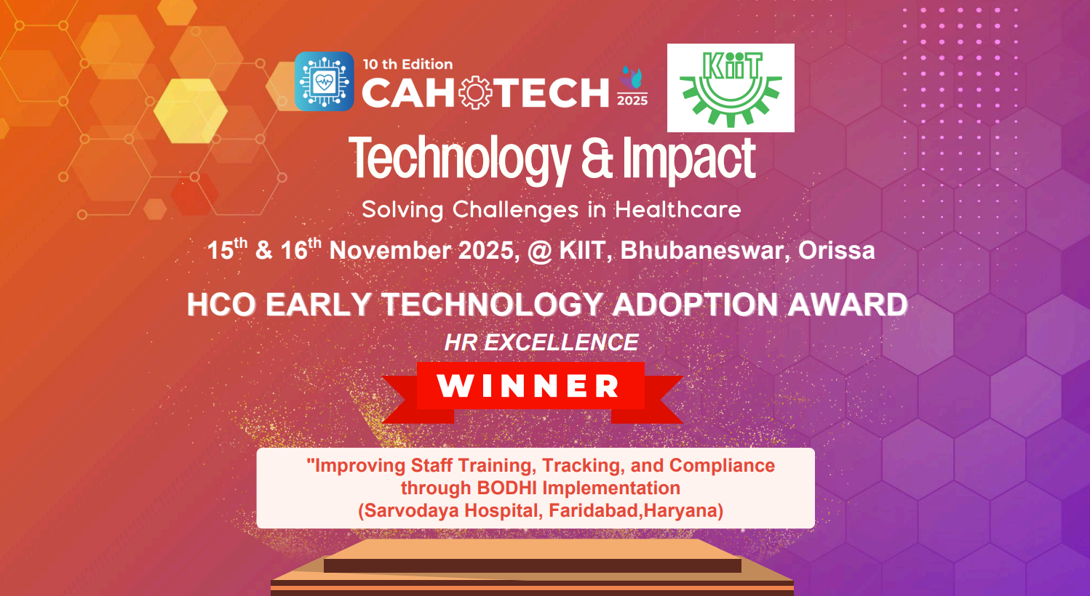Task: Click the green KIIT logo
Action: point(731,88)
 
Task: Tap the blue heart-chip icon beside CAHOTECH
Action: point(325,81)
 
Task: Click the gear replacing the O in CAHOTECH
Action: point(476,93)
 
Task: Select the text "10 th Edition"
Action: point(407,64)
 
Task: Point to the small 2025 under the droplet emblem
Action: point(632,100)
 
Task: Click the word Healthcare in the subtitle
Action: point(677,209)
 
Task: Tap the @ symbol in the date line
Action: point(540,251)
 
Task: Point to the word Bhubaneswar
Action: point(702,250)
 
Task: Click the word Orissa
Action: point(836,250)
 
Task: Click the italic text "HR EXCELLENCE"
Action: point(541,342)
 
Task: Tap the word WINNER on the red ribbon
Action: point(528,386)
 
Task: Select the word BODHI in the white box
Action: point(507,488)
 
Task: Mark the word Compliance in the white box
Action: point(722,465)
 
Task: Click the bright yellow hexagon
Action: point(191,110)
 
